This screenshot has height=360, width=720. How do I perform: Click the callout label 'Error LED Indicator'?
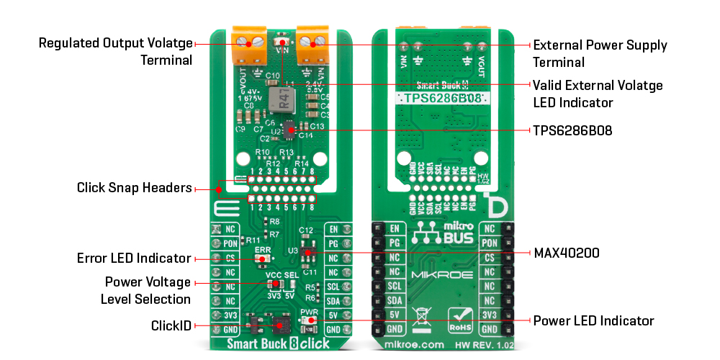(133, 258)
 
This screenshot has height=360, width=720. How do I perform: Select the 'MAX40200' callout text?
(567, 253)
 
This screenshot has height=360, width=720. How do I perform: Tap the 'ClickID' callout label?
(171, 326)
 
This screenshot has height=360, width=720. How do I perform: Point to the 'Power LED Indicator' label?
(593, 320)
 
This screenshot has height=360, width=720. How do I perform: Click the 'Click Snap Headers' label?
(134, 188)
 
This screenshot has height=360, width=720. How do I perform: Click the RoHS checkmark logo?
(460, 317)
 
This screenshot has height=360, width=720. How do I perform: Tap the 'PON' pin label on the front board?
(230, 243)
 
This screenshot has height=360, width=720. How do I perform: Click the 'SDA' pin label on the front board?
(332, 301)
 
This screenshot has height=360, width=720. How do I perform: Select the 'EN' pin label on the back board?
(395, 229)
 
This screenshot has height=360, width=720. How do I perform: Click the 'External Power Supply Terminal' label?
(599, 54)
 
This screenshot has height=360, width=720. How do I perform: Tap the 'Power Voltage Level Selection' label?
(148, 290)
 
